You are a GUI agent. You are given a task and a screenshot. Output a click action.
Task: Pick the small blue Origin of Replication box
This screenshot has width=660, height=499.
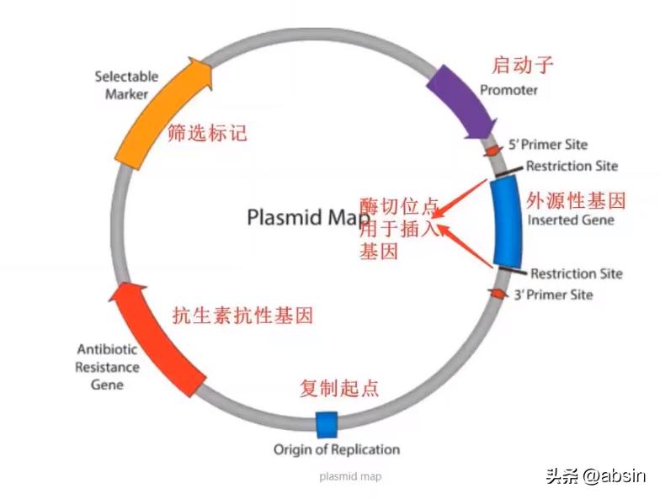pos(326,424)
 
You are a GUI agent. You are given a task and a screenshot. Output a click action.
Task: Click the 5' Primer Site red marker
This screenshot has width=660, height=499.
pos(492,150)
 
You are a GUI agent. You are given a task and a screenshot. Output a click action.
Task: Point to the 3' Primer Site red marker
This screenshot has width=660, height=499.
pos(498,293)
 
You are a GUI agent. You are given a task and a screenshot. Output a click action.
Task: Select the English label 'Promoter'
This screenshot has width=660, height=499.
pos(508,90)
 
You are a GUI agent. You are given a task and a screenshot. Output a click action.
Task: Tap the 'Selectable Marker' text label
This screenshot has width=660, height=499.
pos(126,85)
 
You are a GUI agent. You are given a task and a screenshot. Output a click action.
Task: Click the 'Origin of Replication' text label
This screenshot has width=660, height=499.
pos(336,449)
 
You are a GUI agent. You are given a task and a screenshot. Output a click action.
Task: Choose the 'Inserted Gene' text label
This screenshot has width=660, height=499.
pos(570,220)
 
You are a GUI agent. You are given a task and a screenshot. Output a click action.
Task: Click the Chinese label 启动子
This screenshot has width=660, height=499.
pos(522,65)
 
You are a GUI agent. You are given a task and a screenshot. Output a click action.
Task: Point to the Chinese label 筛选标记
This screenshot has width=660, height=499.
pos(208,133)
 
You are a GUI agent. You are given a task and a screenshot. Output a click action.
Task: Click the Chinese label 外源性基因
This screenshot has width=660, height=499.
pos(576,201)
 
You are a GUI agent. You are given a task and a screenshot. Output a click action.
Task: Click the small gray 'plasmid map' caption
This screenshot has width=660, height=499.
pos(350,476)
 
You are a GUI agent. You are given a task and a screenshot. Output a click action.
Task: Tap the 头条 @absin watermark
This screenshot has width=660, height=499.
pos(594,475)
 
